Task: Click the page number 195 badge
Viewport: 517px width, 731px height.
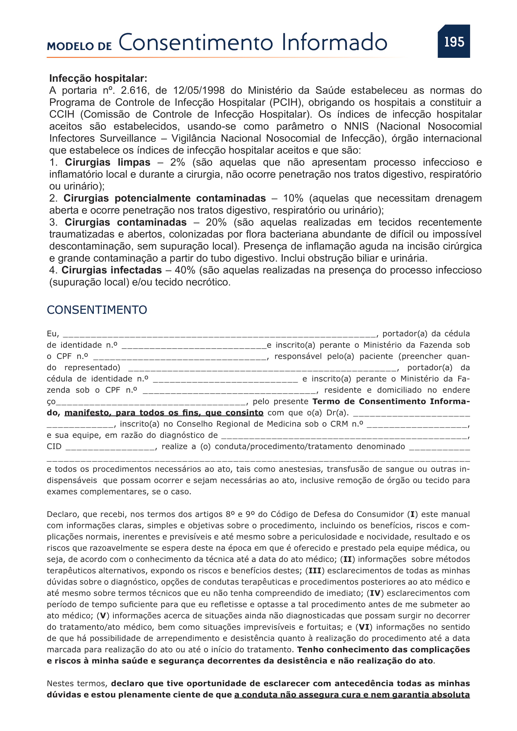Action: (454, 42)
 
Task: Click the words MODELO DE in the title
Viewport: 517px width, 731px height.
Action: (79, 47)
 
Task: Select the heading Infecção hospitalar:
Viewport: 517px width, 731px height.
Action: (98, 78)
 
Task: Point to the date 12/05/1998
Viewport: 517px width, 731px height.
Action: (199, 90)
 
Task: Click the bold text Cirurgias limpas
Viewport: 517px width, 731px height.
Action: (108, 163)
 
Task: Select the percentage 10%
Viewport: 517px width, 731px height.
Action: (293, 198)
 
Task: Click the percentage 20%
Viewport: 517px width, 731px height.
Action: (216, 222)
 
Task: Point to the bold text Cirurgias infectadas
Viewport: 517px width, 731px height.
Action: (111, 270)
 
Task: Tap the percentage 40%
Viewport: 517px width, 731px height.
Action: (185, 270)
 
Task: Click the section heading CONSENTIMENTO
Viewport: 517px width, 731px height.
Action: (97, 310)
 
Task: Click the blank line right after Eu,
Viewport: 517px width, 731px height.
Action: (219, 334)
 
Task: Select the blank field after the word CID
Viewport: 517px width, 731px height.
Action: (110, 447)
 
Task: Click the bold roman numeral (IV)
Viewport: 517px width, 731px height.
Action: (375, 593)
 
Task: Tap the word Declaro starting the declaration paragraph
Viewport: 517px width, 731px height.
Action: (63, 514)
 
